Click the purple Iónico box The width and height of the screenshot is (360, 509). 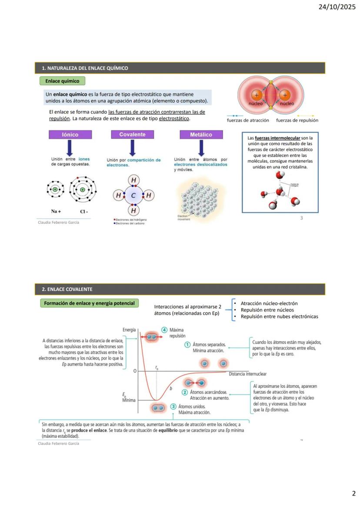point(70,135)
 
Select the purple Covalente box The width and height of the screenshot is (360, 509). point(132,135)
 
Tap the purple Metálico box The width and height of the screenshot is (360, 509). point(201,135)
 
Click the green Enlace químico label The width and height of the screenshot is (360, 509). point(62,81)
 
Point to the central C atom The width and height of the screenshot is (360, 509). point(133,196)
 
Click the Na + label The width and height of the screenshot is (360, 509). point(56,212)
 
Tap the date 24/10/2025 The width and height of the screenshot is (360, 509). point(340,7)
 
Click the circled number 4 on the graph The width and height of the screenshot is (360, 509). point(164,330)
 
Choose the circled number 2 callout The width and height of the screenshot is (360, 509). point(185,392)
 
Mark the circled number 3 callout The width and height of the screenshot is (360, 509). point(173,406)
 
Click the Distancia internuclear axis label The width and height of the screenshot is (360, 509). point(247,374)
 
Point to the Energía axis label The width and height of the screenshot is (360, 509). point(129,330)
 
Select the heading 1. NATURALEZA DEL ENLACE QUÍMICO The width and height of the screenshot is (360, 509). point(85,68)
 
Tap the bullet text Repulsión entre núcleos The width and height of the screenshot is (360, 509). point(267,310)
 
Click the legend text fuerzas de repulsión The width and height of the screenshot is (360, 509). point(297,120)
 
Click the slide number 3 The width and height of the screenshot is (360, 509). point(301,218)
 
